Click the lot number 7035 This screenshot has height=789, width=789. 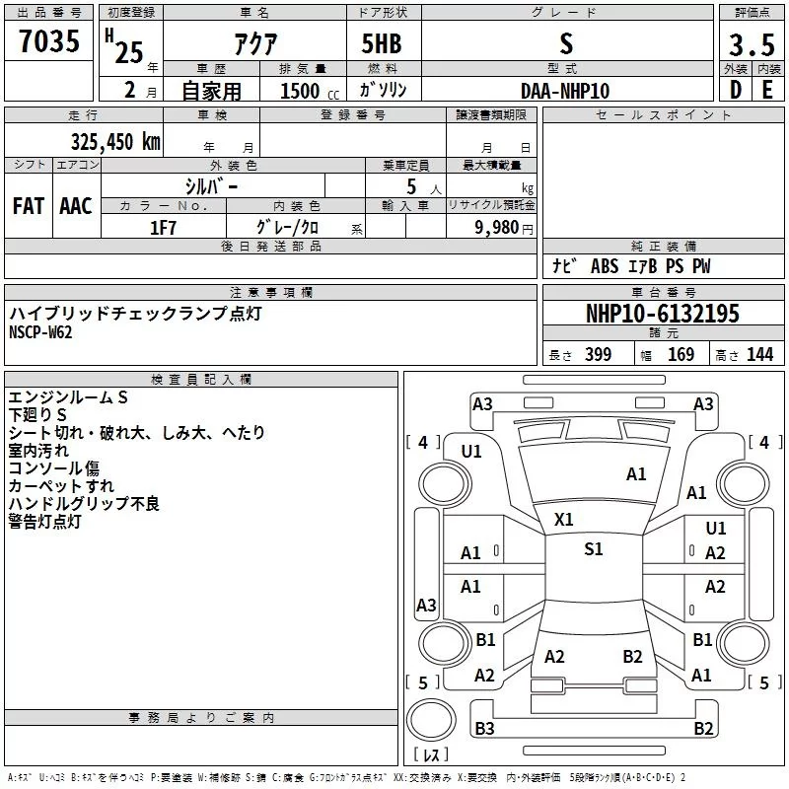pos(49,40)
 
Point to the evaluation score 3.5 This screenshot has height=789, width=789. pos(752,44)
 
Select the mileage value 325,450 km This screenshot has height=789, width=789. pos(115,142)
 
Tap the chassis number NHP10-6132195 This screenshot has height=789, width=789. pos(663,314)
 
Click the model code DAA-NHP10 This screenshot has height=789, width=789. pos(565,91)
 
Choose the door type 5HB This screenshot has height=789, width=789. pos(382,43)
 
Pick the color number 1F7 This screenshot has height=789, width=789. pos(163,228)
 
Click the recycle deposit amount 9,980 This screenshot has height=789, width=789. pos(497,228)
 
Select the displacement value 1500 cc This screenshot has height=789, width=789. pos(310,91)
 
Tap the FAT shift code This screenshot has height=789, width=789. pos(29,206)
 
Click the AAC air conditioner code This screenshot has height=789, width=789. pos(76,206)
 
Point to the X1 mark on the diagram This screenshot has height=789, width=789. pos(563,520)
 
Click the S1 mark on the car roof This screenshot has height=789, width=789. pos(594,549)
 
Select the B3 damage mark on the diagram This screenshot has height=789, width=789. pos(484,728)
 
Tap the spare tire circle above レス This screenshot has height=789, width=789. pos(431,719)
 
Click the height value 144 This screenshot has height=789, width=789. pos(759,354)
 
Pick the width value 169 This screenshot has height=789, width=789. pos(681,354)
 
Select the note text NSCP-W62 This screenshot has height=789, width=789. pos(40,332)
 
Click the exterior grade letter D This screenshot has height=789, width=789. pos(736,90)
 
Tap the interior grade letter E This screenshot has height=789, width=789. pos(767,90)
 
